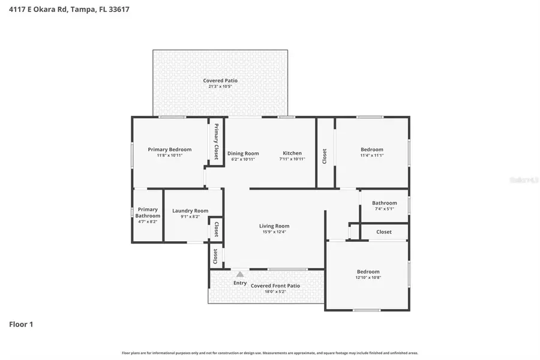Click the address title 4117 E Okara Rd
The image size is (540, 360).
[x=69, y=10]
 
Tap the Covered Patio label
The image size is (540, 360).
[x=220, y=80]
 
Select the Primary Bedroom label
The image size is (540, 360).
[x=170, y=149]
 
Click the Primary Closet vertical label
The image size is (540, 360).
[x=217, y=142]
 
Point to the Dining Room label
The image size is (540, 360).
[x=243, y=153]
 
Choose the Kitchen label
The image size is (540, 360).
[x=292, y=153]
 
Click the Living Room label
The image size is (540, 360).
[x=274, y=226]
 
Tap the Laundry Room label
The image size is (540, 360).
[x=190, y=211]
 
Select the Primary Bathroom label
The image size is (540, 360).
[x=147, y=212]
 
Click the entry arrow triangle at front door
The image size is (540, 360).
[x=240, y=274]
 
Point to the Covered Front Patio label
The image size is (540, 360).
[x=275, y=286]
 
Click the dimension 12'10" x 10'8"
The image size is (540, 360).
[x=368, y=278]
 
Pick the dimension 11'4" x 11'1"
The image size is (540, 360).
[x=371, y=155]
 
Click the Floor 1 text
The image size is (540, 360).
[x=21, y=325]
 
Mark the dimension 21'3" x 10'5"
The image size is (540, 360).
[x=220, y=86]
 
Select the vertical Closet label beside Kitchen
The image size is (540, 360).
[x=325, y=156]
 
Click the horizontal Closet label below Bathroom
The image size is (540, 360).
[x=384, y=232]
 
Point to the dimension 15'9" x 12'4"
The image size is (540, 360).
[x=274, y=232]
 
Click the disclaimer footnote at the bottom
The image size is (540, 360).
[x=270, y=353]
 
